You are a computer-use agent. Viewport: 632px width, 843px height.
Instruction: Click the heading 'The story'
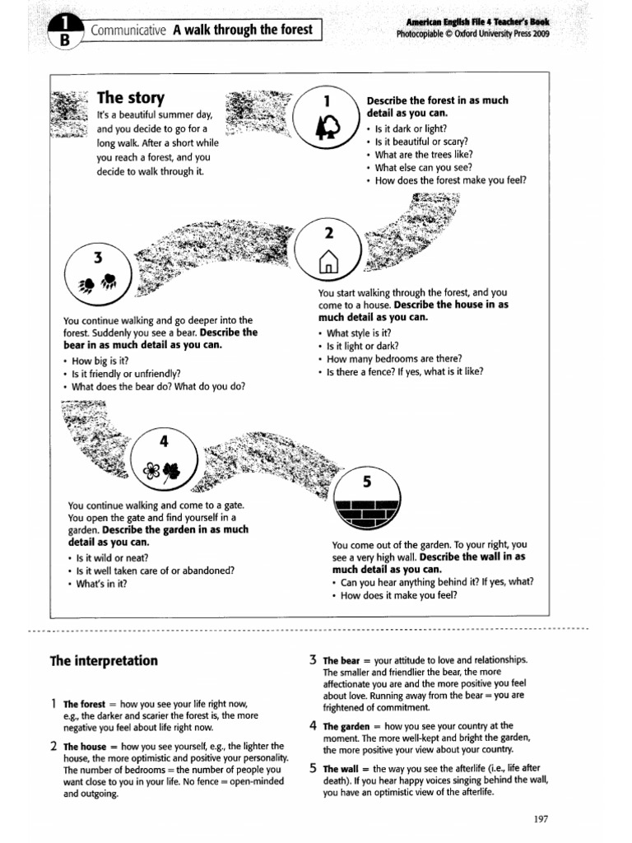point(131,99)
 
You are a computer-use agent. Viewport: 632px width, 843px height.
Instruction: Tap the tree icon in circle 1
point(327,127)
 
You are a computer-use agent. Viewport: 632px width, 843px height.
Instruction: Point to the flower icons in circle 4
point(162,470)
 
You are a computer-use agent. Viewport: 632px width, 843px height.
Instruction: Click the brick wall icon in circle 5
point(368,512)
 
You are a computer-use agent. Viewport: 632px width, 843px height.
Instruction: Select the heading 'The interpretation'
point(104,661)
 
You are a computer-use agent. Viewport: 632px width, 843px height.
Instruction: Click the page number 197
point(540,818)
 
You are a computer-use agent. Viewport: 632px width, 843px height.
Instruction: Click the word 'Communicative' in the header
point(129,31)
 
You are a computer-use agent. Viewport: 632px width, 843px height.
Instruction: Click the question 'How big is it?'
point(100,361)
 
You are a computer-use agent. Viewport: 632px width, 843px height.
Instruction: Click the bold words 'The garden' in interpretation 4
point(344,726)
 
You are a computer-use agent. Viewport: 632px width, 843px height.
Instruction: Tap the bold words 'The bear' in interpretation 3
point(341,660)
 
